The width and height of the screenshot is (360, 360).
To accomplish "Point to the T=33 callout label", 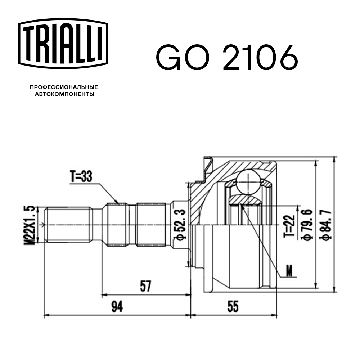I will point(81,177).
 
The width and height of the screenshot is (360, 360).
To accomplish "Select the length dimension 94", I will point(117,307).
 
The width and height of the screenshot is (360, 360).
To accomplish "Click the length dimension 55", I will point(233,307).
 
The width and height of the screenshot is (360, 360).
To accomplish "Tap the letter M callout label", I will point(289,271).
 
